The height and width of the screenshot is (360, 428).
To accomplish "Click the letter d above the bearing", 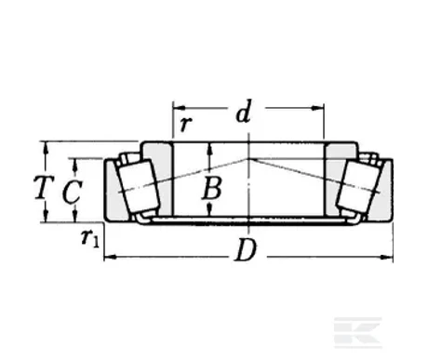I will click(243, 114).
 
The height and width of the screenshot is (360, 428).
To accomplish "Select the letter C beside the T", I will click(70, 192).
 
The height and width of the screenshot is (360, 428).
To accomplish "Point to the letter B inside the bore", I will click(213, 189).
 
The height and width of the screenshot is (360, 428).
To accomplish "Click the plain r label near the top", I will click(185, 123).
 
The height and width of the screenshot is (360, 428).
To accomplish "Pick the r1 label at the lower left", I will click(90, 239).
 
